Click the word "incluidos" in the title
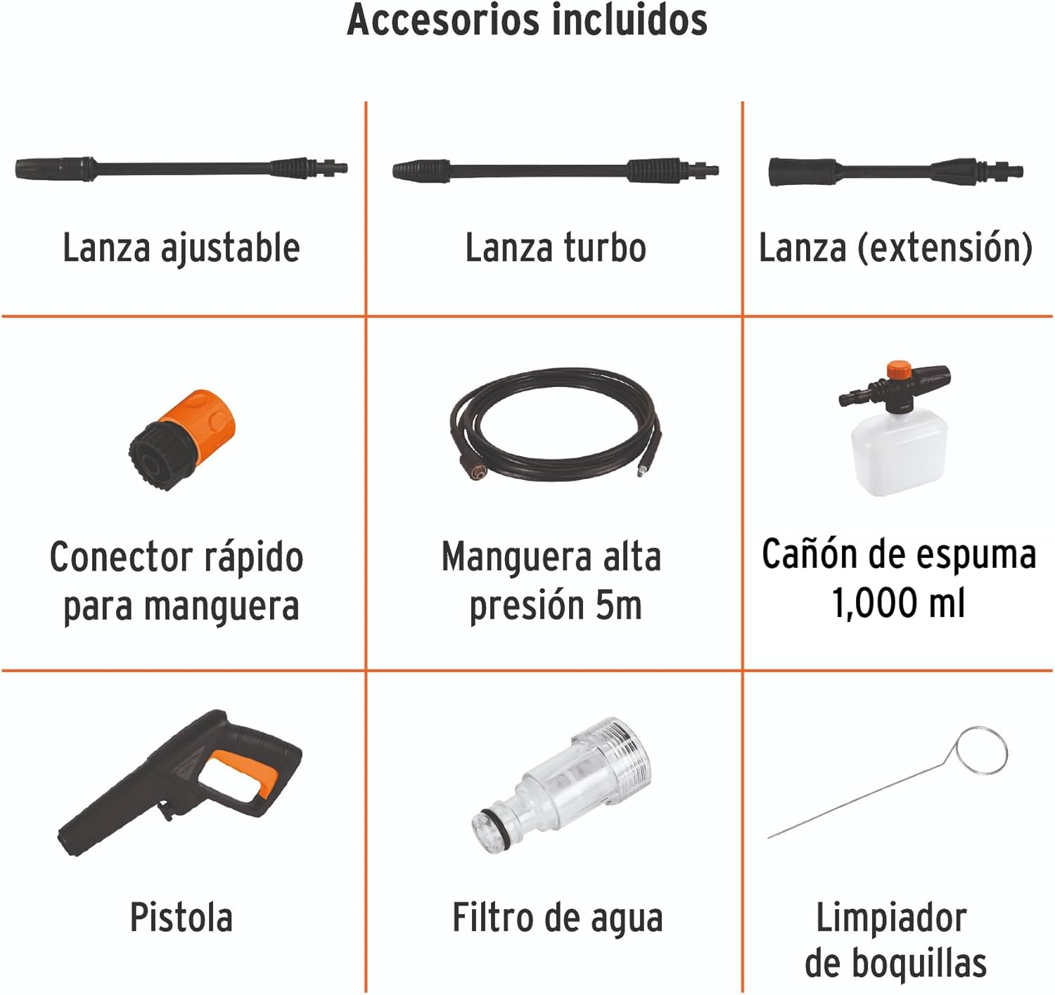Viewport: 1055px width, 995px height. (x=629, y=20)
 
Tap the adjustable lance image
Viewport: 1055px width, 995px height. (x=181, y=168)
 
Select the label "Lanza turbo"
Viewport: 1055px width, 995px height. (x=556, y=248)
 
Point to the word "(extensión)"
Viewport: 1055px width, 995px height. (x=945, y=248)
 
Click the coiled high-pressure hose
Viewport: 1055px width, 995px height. (x=555, y=425)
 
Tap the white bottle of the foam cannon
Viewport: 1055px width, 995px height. (x=899, y=455)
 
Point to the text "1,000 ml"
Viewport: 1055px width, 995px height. (x=898, y=603)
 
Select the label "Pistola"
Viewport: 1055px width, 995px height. (x=181, y=917)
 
